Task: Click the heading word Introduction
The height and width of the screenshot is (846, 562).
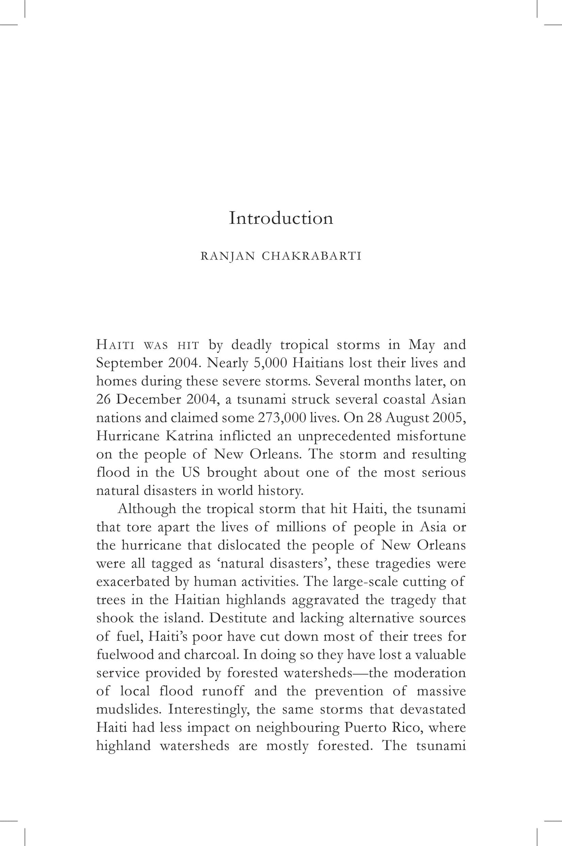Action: tap(281, 218)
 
